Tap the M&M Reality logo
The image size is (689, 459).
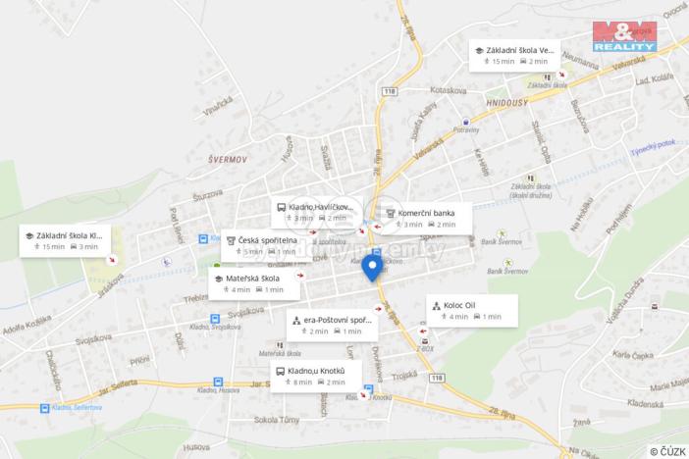click(623, 34)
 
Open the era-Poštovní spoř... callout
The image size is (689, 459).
click(332, 325)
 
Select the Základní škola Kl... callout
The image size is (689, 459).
click(65, 240)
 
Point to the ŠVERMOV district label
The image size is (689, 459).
click(227, 157)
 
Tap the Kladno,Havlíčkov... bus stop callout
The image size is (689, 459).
click(316, 212)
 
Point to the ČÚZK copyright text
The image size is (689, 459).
click(667, 450)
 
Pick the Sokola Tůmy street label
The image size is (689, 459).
click(276, 420)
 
